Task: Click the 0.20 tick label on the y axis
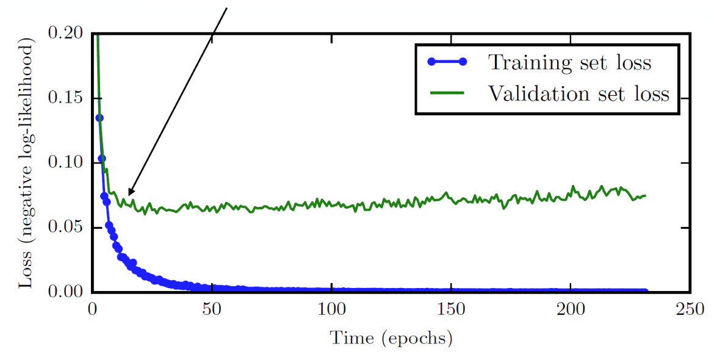66,34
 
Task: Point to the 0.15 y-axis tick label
66,99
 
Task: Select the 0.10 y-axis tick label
66,163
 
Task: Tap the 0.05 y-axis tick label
66,228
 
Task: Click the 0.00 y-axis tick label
66,292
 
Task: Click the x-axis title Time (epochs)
391,337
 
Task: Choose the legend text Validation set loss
578,94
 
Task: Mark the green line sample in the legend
447,93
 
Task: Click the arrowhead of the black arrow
129,194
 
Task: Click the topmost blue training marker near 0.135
99,118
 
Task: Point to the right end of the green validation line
645,195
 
